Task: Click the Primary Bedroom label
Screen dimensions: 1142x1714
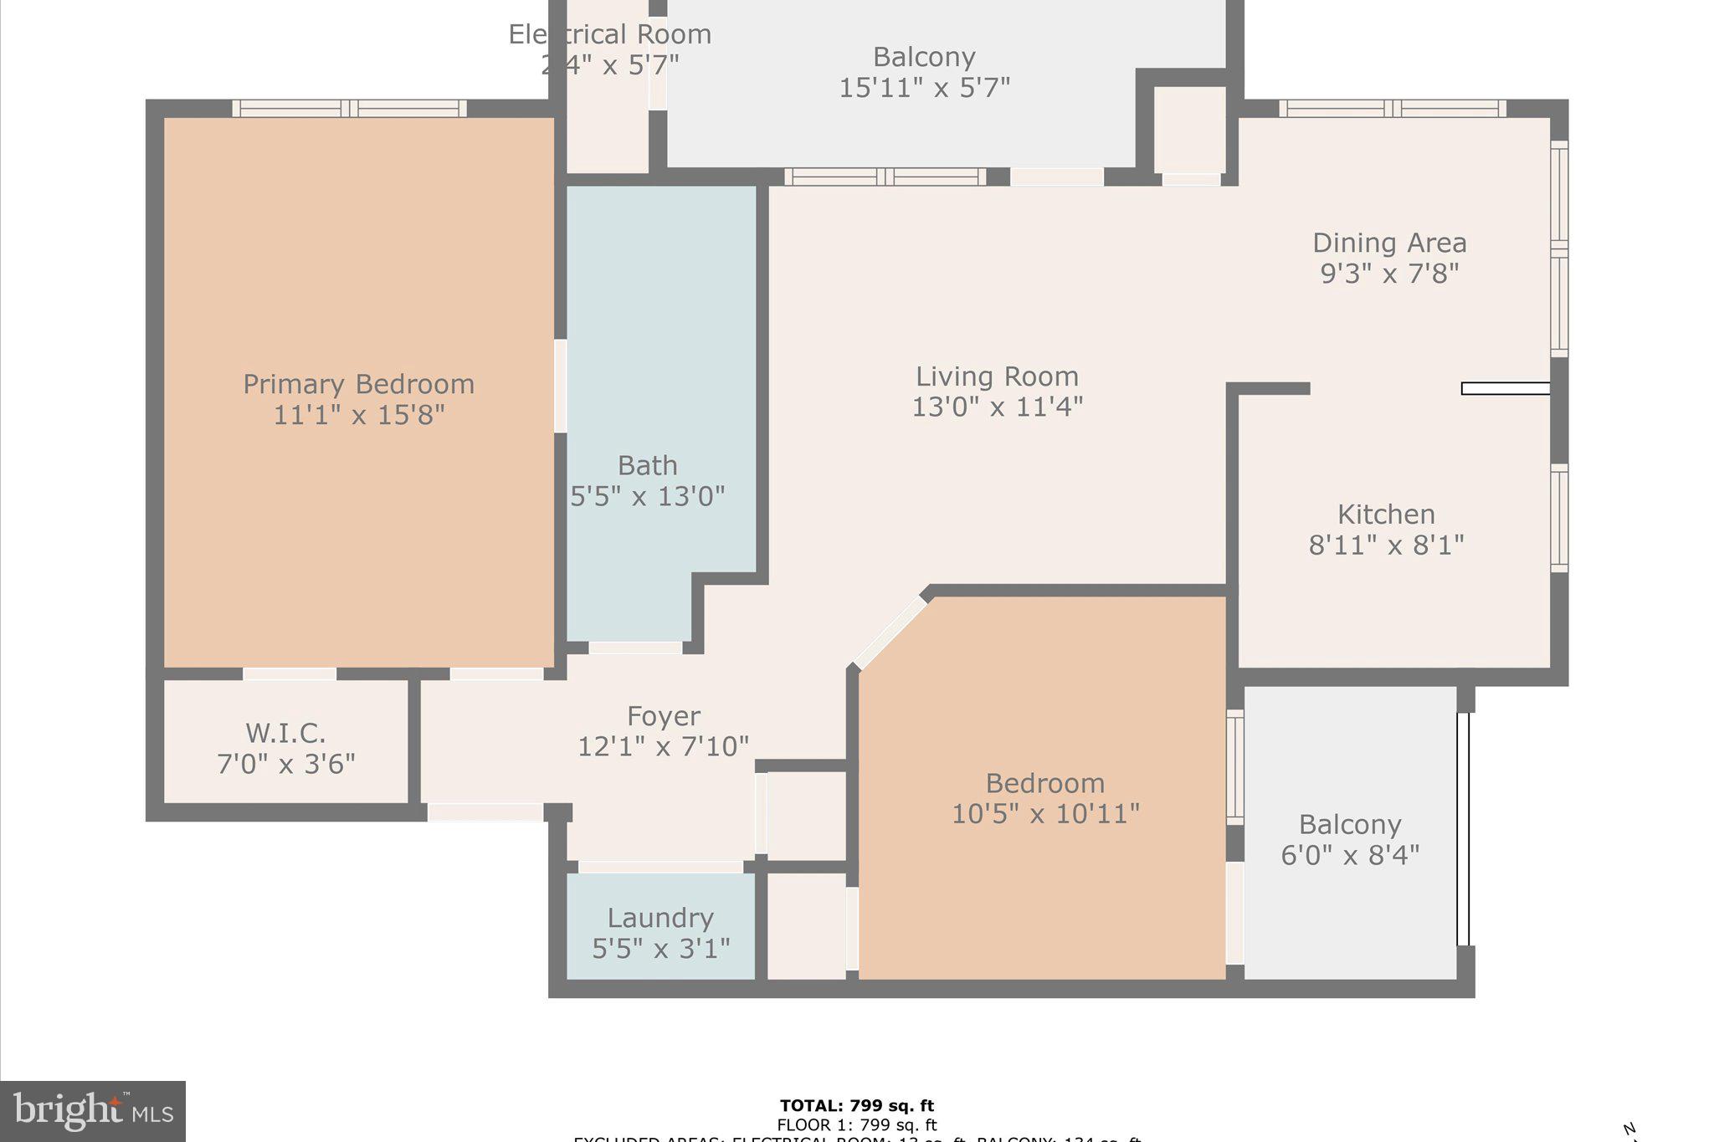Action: tap(358, 384)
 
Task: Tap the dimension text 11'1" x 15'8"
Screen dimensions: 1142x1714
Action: tap(358, 415)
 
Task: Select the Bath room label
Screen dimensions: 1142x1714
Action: tap(647, 465)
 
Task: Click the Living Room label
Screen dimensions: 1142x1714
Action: tap(997, 376)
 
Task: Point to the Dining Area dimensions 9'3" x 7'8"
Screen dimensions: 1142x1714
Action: tap(1389, 274)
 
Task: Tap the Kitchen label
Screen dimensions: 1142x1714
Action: tap(1386, 514)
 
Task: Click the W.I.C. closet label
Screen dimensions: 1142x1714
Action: tap(285, 733)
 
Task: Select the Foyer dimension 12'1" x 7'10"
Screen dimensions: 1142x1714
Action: tap(663, 746)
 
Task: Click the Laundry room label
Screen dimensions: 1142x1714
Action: tap(660, 918)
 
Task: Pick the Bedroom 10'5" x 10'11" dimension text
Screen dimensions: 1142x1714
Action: tap(1045, 813)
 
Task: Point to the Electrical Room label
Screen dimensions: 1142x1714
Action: tap(610, 34)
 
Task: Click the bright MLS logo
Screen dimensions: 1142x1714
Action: tap(93, 1111)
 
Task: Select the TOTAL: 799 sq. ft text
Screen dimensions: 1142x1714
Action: tap(857, 1106)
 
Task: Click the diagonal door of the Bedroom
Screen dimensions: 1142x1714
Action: tap(890, 632)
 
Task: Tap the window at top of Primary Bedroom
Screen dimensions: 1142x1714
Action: tap(349, 108)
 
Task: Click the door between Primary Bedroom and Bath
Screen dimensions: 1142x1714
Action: tap(560, 386)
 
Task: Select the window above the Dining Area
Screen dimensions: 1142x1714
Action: tap(1392, 108)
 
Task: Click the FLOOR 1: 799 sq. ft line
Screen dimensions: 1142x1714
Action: tap(857, 1125)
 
